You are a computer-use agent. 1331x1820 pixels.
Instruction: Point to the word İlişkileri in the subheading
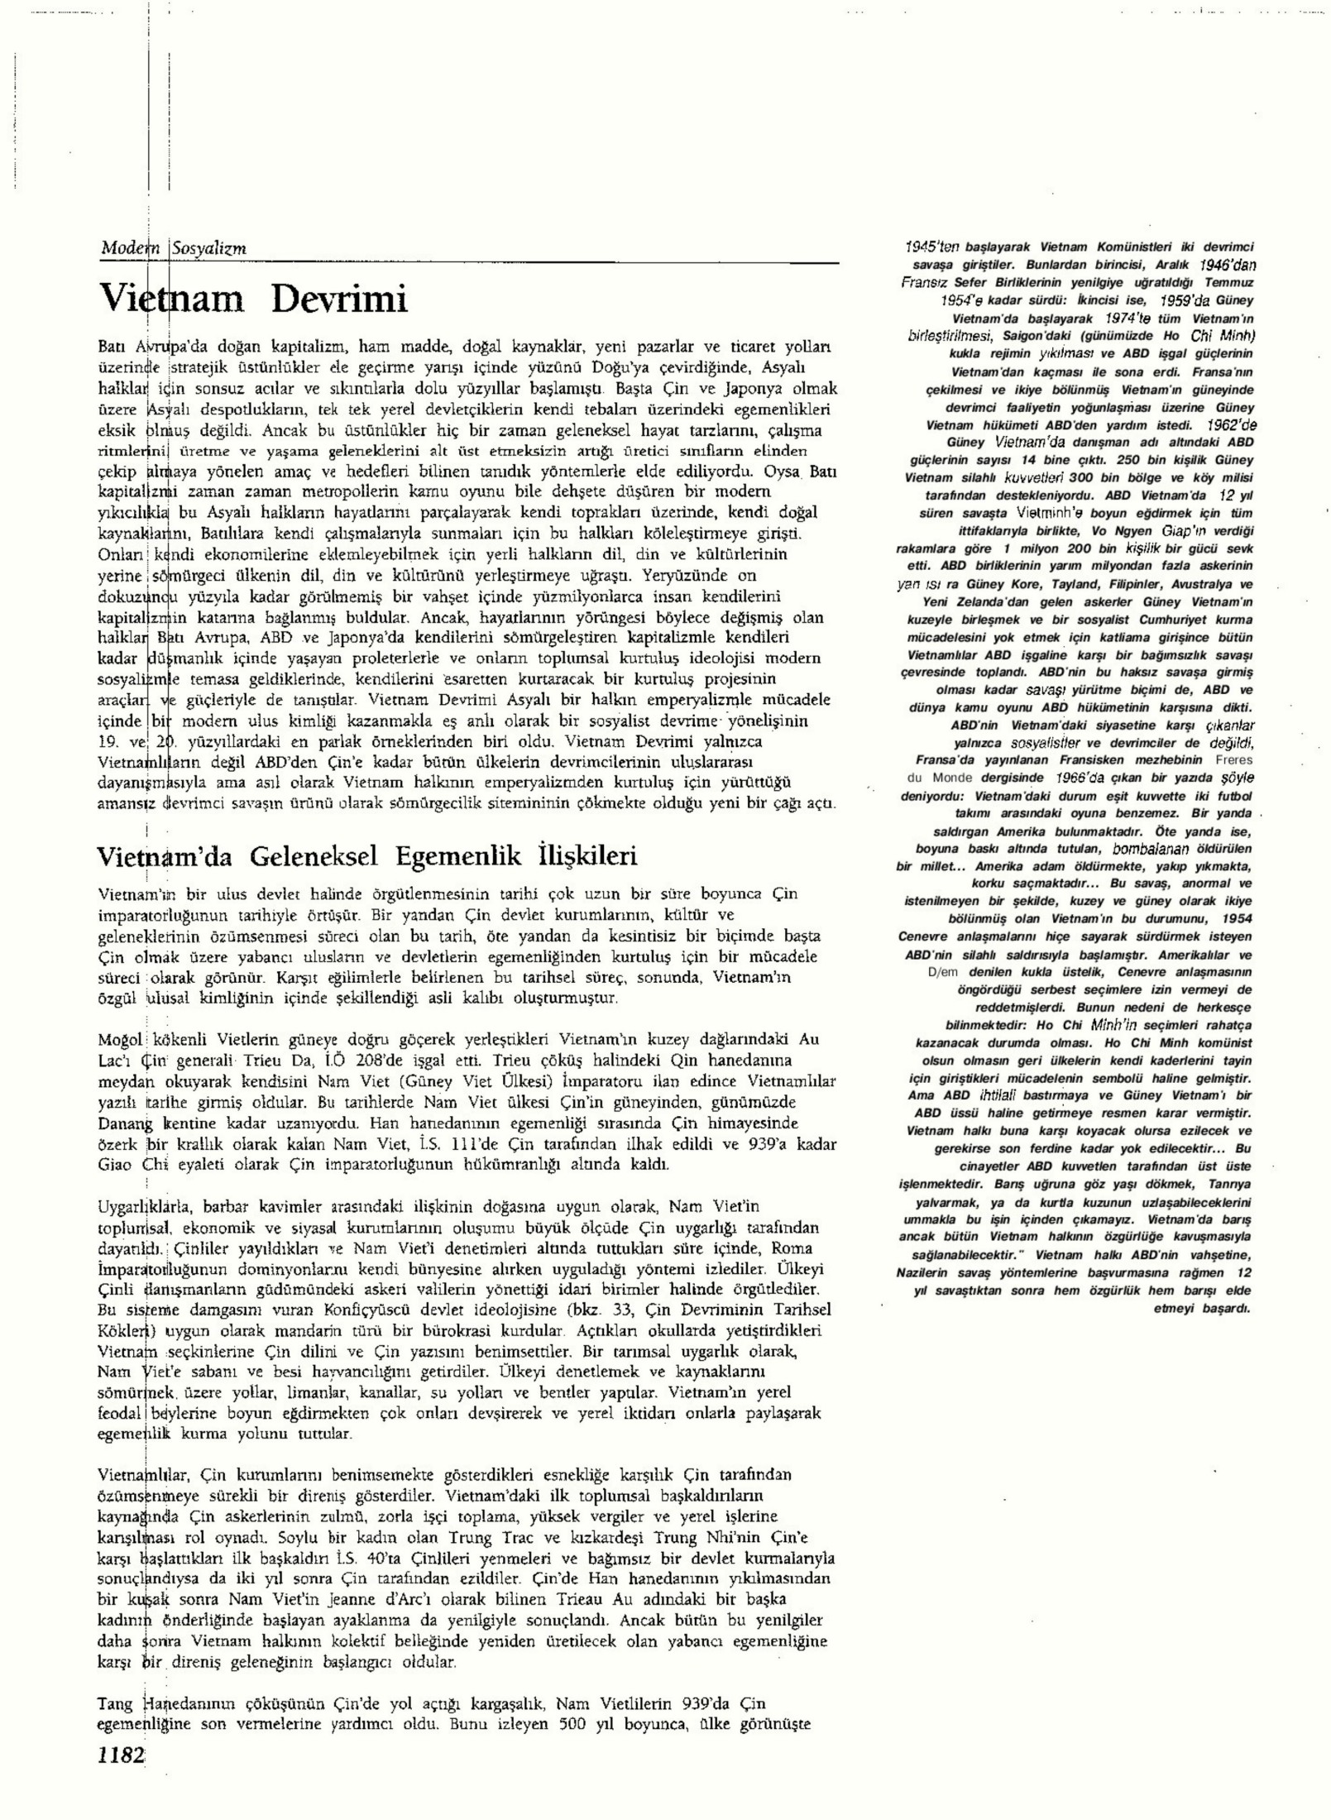[587, 855]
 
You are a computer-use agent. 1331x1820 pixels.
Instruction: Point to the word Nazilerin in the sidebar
[924, 1272]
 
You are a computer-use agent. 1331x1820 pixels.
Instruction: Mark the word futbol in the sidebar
[1233, 796]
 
